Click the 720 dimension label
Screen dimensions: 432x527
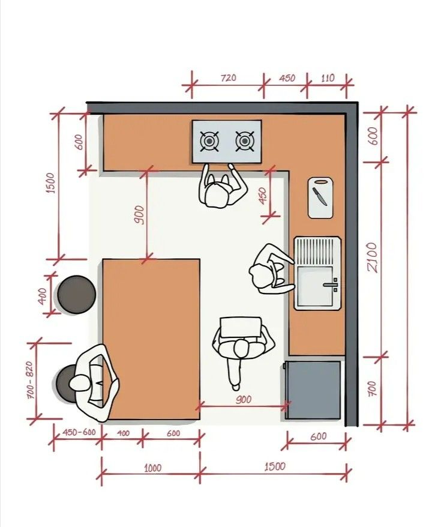(x=229, y=78)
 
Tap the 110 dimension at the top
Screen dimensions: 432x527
(x=328, y=78)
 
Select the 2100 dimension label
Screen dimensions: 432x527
(x=373, y=257)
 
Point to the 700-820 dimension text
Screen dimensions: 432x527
(x=29, y=380)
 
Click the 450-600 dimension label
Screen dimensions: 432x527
(x=79, y=432)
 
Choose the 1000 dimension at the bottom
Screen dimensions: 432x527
(x=153, y=468)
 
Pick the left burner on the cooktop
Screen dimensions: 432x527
(x=209, y=141)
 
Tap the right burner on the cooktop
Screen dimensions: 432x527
(x=245, y=141)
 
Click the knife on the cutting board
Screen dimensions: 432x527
(x=320, y=196)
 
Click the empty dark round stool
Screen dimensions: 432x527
(x=77, y=295)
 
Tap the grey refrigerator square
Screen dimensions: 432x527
(x=313, y=390)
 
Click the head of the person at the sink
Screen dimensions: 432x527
(x=260, y=276)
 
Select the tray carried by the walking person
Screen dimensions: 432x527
(x=241, y=327)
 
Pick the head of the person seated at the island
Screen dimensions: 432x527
(x=80, y=383)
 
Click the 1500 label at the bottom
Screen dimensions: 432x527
(x=275, y=466)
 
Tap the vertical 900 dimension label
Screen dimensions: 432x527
(x=139, y=215)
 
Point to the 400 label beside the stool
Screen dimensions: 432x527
(x=43, y=296)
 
